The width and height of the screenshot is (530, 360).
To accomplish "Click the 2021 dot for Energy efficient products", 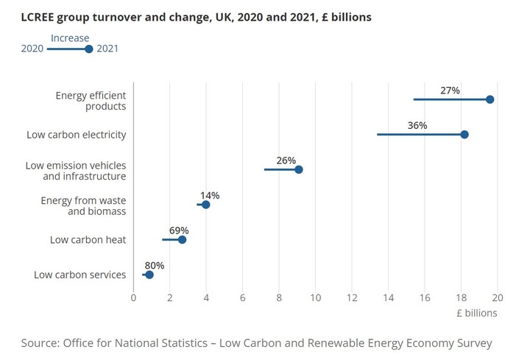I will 490,99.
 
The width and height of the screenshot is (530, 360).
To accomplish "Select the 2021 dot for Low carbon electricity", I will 464,135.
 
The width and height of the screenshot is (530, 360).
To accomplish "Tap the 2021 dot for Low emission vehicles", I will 299,169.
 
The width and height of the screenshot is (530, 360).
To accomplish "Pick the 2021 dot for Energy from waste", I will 206,205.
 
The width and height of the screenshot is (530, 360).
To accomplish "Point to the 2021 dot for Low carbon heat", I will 183,239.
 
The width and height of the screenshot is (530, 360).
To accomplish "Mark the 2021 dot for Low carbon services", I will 149,275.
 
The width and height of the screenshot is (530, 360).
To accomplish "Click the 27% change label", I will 450,91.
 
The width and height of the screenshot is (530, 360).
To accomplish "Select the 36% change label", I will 417,126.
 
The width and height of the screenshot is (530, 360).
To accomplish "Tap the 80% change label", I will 155,266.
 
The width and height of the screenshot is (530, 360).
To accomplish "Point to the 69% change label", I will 179,230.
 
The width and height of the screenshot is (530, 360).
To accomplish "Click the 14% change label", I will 210,196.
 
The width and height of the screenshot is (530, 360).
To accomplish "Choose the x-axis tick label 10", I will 316,297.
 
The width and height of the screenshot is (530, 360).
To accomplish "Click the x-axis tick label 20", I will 498,297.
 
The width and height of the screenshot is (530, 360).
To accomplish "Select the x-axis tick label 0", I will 133,297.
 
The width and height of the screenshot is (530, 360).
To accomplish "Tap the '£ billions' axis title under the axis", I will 477,313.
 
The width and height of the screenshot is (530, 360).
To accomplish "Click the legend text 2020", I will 32,49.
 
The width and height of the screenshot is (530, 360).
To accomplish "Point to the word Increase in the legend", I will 70,38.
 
